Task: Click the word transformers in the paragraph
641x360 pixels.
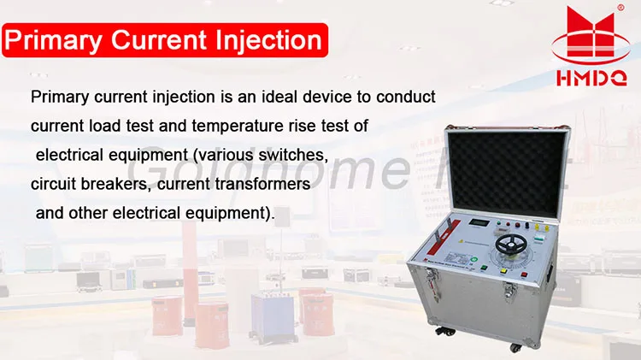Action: click(260, 185)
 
